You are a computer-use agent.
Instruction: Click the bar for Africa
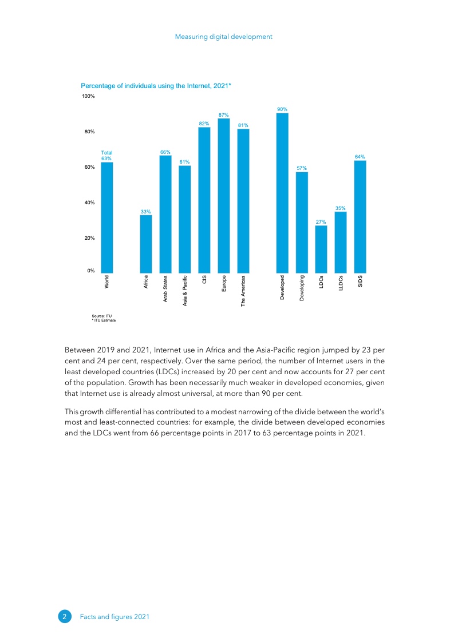click(146, 244)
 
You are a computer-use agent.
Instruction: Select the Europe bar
click(224, 196)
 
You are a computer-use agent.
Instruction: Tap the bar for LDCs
click(321, 249)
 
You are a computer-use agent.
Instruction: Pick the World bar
click(107, 217)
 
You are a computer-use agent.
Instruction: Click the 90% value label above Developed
click(282, 109)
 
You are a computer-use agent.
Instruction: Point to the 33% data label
click(146, 212)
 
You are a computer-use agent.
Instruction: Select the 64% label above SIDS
click(360, 156)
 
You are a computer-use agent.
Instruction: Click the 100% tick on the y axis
click(88, 97)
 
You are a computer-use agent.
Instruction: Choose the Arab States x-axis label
click(165, 289)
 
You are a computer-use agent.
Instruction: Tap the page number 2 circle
click(65, 616)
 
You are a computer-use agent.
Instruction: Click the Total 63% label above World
click(107, 155)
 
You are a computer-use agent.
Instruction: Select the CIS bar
click(204, 200)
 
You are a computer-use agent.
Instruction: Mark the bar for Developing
click(302, 222)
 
